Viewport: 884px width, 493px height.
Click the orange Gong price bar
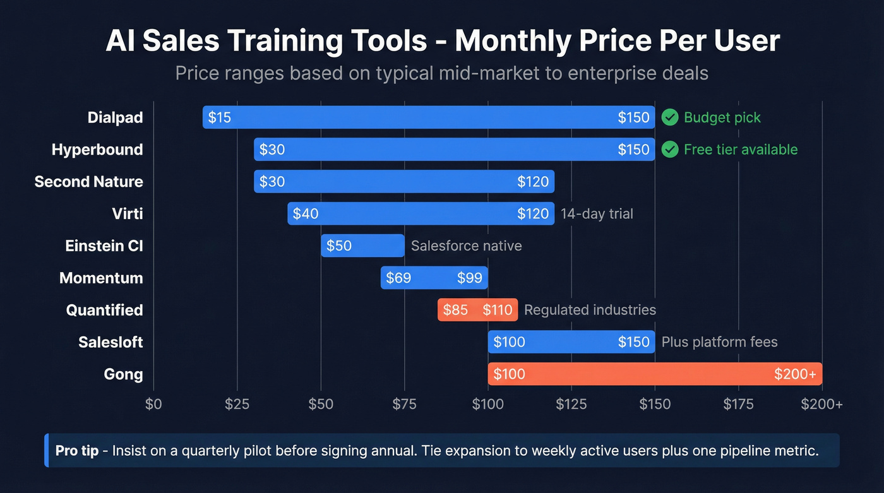click(x=654, y=374)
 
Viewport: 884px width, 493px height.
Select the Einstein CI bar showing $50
click(x=362, y=246)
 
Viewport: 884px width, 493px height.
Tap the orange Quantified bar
click(x=477, y=310)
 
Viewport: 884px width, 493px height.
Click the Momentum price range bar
click(x=434, y=278)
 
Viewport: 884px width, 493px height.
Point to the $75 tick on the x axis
click(x=404, y=405)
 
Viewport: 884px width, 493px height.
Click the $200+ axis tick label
click(x=821, y=405)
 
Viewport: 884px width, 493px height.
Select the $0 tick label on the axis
click(x=153, y=405)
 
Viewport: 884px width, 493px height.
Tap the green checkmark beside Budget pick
click(x=670, y=117)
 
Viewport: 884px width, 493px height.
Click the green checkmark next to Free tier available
click(x=670, y=150)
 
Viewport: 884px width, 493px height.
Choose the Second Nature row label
click(x=89, y=182)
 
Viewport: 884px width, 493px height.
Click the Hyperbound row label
click(x=97, y=150)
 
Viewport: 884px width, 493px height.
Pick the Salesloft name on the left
click(x=110, y=342)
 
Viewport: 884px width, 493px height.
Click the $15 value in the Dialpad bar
click(x=220, y=117)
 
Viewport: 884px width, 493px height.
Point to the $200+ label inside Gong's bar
click(x=795, y=374)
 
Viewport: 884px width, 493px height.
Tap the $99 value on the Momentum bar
click(x=469, y=278)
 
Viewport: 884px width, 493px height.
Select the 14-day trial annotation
click(x=597, y=214)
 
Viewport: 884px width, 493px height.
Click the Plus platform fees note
click(x=719, y=342)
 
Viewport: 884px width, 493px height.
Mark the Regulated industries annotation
click(x=590, y=310)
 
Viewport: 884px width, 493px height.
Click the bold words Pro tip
click(x=77, y=451)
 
